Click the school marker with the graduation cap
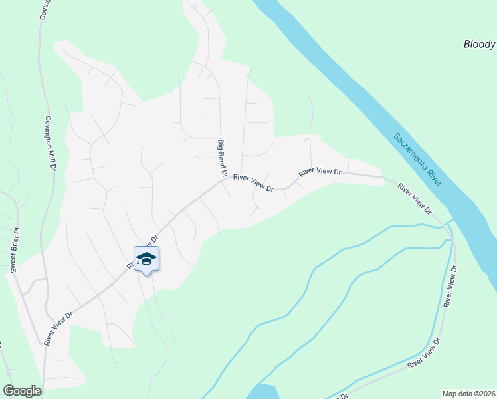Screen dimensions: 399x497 (146, 259)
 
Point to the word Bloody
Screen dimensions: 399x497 (479, 45)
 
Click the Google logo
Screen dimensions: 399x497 (22, 391)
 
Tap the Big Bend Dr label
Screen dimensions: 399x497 (223, 158)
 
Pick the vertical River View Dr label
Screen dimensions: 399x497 (451, 285)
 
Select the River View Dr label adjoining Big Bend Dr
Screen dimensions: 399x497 (254, 184)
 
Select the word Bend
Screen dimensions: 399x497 (223, 158)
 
